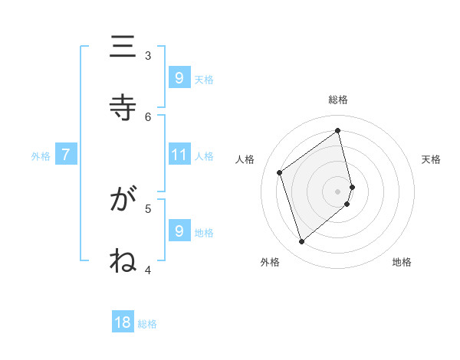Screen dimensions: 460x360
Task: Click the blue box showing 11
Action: pyautogui.click(x=179, y=155)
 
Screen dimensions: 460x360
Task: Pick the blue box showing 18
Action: pyautogui.click(x=123, y=322)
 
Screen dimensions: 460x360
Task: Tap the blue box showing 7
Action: pyautogui.click(x=66, y=155)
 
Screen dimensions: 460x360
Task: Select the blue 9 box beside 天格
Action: pyautogui.click(x=179, y=77)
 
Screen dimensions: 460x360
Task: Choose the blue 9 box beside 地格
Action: pyautogui.click(x=179, y=231)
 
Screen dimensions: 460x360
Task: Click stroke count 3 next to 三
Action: pyautogui.click(x=148, y=55)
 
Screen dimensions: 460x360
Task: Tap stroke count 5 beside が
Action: pyautogui.click(x=148, y=208)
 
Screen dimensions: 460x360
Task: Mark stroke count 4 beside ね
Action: pyautogui.click(x=148, y=270)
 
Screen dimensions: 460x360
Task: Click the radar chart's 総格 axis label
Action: pyautogui.click(x=337, y=100)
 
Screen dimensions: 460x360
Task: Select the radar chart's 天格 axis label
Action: pyautogui.click(x=431, y=159)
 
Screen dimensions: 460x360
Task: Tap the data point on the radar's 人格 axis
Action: pyautogui.click(x=280, y=172)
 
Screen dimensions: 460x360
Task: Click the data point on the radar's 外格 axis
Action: pyautogui.click(x=301, y=242)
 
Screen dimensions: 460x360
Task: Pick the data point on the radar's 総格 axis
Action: pyautogui.click(x=338, y=130)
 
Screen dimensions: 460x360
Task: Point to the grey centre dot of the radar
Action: pyautogui.click(x=337, y=191)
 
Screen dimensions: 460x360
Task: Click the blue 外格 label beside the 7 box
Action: pyautogui.click(x=41, y=155)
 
